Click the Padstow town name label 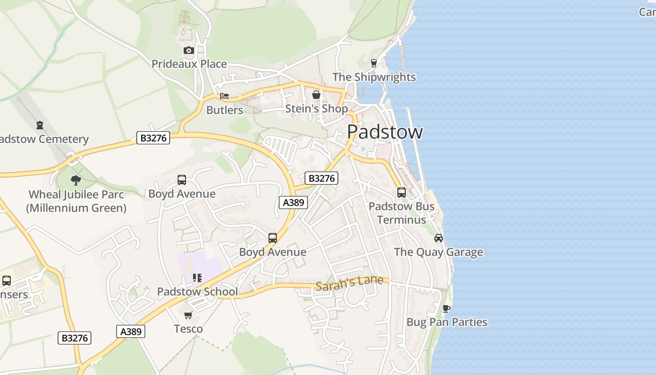point(385,132)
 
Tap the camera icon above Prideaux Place point(189,50)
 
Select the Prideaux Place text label point(189,64)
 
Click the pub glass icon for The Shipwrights point(374,63)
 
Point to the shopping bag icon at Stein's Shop point(316,95)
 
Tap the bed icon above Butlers point(224,96)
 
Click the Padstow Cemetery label point(44,139)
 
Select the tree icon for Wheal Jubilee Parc point(75,180)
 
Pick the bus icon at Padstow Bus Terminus point(402,192)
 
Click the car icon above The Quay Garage point(439,238)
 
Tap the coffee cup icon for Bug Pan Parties point(447,308)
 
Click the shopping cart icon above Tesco point(188,315)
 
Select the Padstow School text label point(197,292)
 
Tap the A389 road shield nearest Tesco point(131,331)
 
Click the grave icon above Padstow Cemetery point(40,125)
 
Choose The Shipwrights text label point(374,77)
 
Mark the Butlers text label point(224,110)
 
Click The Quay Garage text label point(438,252)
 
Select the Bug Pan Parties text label point(447,322)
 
